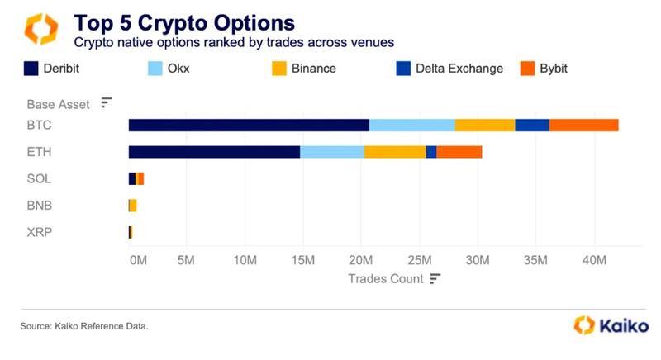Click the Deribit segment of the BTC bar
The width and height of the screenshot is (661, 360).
249,125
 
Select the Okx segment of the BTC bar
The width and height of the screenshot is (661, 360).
411,125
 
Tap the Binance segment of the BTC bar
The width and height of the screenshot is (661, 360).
484,125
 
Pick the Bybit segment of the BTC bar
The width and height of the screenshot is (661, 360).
583,125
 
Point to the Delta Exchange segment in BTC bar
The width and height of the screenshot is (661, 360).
532,125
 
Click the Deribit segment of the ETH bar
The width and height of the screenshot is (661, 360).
214,152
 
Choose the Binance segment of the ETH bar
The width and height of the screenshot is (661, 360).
395,152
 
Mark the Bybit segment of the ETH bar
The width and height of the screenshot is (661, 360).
459,152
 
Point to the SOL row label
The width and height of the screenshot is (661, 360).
40,178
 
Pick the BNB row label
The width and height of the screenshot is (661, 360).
40,205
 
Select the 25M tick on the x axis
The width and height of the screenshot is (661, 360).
420,261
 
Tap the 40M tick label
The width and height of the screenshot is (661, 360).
594,261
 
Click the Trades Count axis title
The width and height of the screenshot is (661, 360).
385,279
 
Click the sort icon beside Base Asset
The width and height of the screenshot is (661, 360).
106,102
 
